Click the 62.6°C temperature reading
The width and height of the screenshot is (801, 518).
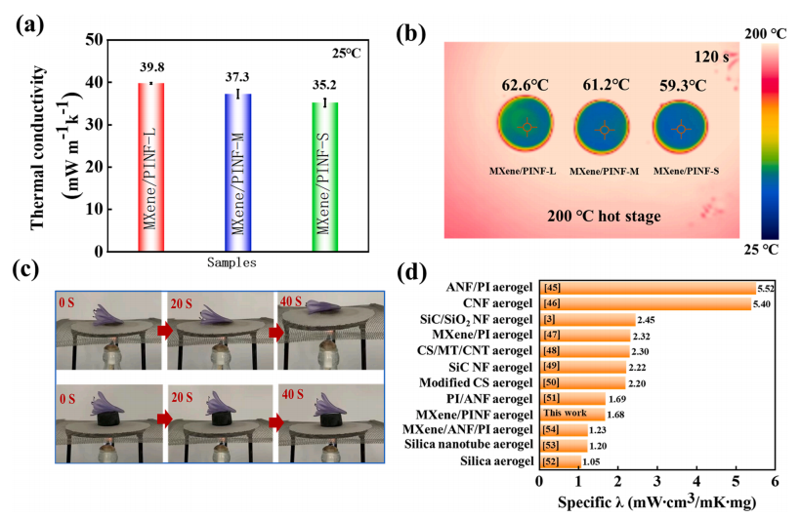point(527,84)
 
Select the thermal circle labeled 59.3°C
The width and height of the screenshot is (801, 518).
point(681,129)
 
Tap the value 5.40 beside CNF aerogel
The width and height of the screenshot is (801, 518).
point(767,304)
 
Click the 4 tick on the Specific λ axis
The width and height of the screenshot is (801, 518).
point(696,480)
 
